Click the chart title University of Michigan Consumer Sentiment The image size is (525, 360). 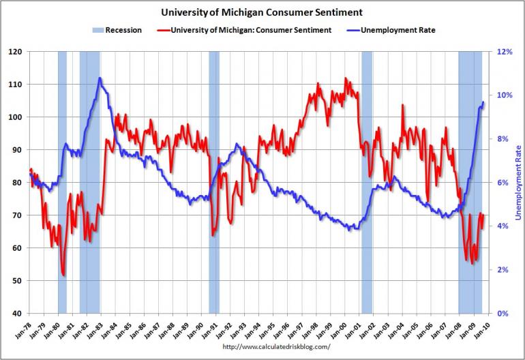pyautogui.click(x=261, y=12)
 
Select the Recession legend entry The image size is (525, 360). pyautogui.click(x=123, y=30)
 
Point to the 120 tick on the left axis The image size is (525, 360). pyautogui.click(x=15, y=52)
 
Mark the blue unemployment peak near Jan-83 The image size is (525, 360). pyautogui.click(x=100, y=78)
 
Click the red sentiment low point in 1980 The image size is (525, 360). pyautogui.click(x=63, y=275)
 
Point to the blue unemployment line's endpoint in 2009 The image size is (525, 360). pyautogui.click(x=483, y=102)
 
